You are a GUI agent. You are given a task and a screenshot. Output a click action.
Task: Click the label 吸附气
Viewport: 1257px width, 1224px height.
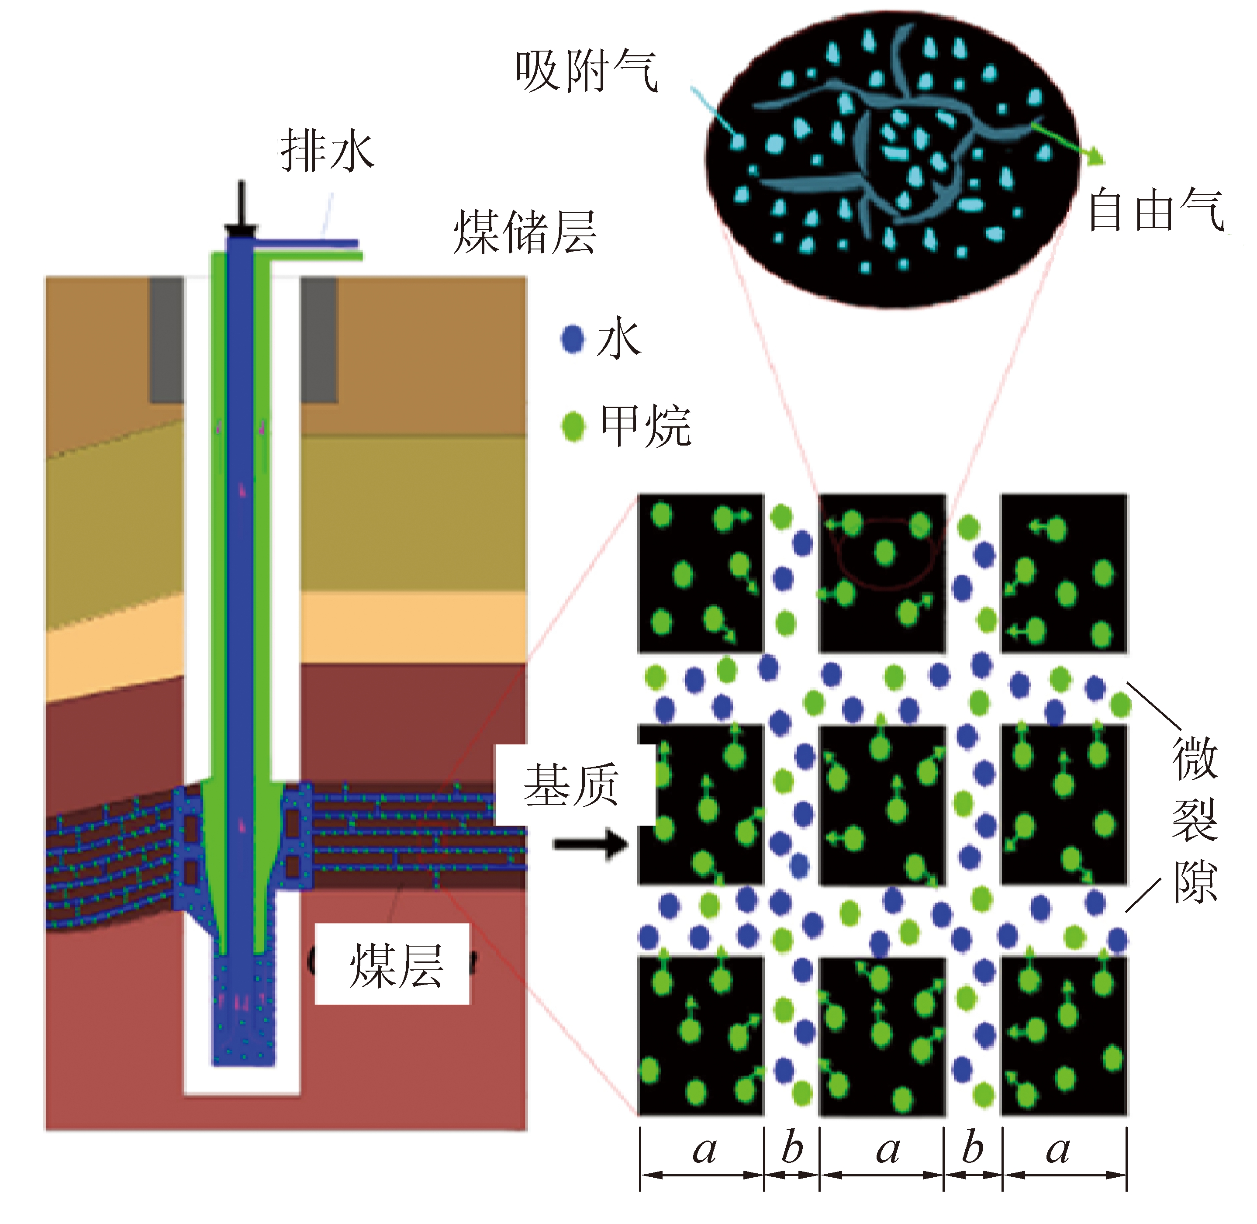tap(586, 72)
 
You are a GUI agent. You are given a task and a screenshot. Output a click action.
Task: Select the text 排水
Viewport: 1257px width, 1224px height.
tap(326, 152)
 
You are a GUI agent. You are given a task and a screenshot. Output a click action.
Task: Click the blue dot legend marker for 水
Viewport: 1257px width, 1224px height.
tap(572, 339)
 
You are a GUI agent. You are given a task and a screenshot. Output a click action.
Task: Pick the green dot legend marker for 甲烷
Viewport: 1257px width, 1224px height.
tap(573, 425)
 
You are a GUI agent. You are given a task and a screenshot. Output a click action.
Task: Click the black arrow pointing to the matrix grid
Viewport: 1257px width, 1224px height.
tap(590, 844)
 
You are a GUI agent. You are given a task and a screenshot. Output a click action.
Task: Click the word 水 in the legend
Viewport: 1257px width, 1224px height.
tap(619, 339)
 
